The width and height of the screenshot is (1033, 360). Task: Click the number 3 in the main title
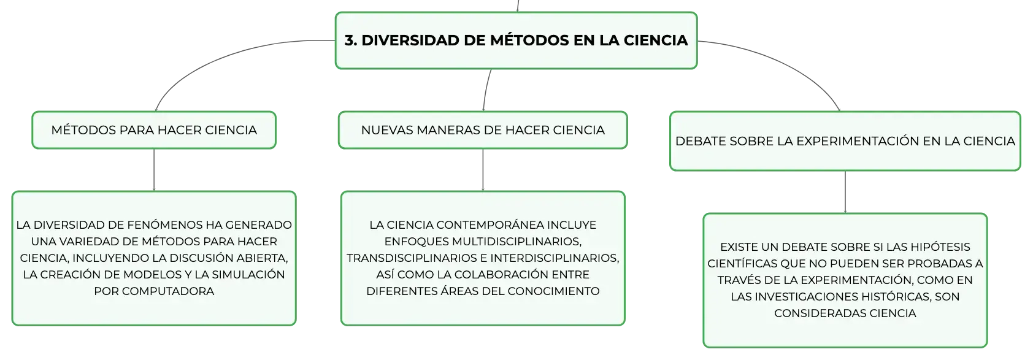click(350, 40)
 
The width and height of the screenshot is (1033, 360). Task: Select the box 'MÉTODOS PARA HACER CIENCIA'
click(154, 130)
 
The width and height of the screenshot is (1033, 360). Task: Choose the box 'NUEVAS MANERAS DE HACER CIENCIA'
click(483, 130)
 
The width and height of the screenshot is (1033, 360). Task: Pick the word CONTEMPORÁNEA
click(491, 224)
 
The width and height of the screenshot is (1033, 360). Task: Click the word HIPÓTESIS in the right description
click(943, 247)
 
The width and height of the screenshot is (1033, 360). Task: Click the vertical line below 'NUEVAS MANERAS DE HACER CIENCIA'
click(483, 170)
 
